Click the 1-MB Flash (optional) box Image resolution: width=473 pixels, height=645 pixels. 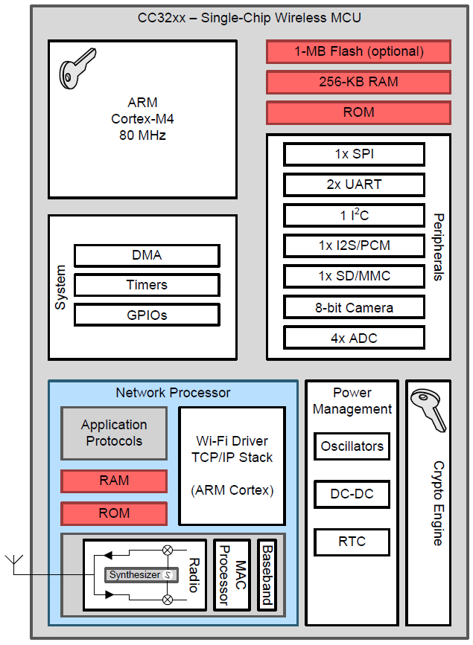pyautogui.click(x=358, y=52)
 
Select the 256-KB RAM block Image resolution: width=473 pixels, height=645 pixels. pyautogui.click(x=358, y=82)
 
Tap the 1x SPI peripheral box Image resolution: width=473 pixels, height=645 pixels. pyautogui.click(x=354, y=154)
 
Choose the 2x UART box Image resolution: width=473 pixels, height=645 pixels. pyautogui.click(x=354, y=184)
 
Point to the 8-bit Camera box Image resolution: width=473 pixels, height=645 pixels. pyautogui.click(x=354, y=307)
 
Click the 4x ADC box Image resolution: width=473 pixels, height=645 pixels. pyautogui.click(x=354, y=338)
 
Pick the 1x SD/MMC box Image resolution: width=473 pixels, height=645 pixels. pyautogui.click(x=354, y=276)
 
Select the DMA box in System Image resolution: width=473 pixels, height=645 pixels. pyautogui.click(x=147, y=255)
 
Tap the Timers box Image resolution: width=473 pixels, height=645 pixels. pyautogui.click(x=147, y=285)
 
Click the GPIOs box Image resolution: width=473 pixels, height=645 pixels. pyautogui.click(x=147, y=315)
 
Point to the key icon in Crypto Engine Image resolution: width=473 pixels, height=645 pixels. pyautogui.click(x=429, y=408)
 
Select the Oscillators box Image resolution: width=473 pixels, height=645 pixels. pyautogui.click(x=352, y=446)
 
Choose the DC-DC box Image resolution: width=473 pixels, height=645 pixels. pyautogui.click(x=352, y=494)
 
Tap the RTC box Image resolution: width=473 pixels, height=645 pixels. pyautogui.click(x=352, y=542)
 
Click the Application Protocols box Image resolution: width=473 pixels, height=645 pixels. pyautogui.click(x=114, y=433)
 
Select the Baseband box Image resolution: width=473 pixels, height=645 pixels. pyautogui.click(x=267, y=574)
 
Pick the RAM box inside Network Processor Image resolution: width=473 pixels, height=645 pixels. pyautogui.click(x=114, y=481)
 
